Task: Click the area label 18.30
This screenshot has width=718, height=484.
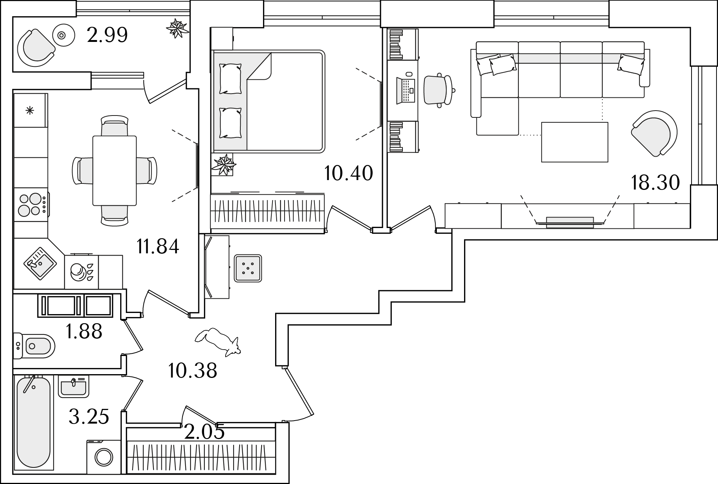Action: (x=655, y=183)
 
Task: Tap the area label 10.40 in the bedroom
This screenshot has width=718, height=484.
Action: (x=348, y=173)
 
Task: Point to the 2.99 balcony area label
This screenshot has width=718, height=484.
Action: (x=107, y=35)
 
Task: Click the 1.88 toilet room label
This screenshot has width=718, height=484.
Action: (x=84, y=331)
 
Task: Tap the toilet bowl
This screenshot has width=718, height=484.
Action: (x=34, y=345)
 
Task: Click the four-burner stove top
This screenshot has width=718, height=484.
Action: (x=31, y=205)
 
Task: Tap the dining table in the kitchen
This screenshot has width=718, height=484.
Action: (x=115, y=171)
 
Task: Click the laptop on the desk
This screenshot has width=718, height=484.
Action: (x=406, y=90)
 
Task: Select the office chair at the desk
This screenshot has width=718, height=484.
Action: (x=438, y=90)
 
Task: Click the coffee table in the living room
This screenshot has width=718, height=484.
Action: (x=575, y=142)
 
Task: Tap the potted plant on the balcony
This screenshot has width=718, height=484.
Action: (x=178, y=28)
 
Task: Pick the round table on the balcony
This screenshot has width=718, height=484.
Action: (x=62, y=35)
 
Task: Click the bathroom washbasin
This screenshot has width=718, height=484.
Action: (x=74, y=387)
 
